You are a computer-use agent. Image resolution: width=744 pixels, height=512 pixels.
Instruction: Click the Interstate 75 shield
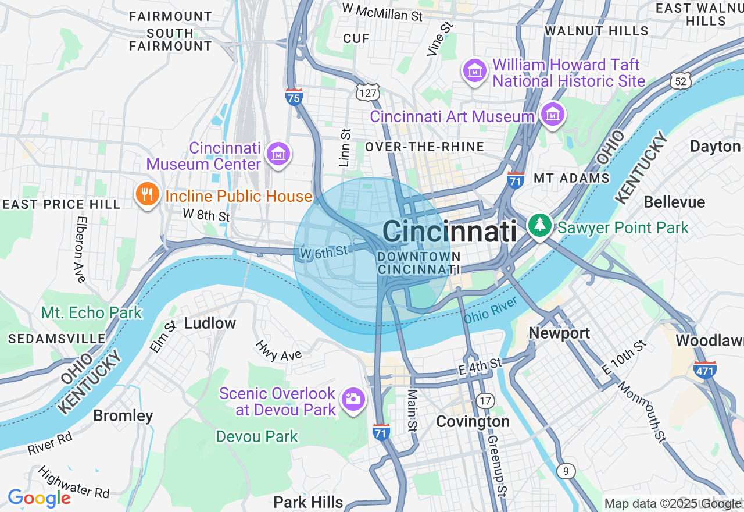(x=294, y=97)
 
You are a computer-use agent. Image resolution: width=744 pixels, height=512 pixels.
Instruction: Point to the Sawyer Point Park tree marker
(x=540, y=226)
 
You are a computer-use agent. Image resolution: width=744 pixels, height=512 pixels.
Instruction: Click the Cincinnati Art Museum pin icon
(x=552, y=115)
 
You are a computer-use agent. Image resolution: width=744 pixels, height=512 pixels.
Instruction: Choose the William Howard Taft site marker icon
(x=475, y=71)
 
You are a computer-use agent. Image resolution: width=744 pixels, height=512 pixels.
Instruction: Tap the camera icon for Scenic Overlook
(x=352, y=400)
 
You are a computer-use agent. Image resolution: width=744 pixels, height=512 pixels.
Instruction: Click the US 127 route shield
(x=368, y=92)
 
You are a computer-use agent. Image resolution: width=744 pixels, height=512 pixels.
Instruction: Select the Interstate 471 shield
(x=704, y=369)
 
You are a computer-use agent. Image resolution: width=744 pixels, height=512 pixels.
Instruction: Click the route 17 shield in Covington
(x=485, y=400)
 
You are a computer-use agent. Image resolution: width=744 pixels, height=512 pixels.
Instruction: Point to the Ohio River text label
(x=491, y=310)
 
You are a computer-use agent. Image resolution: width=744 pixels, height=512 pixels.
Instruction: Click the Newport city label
(x=559, y=333)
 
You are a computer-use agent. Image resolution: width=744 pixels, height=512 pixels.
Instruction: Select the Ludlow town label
(x=210, y=323)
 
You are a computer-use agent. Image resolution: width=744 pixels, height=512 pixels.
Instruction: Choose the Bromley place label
(x=123, y=415)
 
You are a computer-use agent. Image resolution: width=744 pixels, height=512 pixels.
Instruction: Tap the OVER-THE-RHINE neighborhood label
(x=424, y=147)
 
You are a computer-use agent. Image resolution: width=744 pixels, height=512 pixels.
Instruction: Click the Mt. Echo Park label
(x=91, y=312)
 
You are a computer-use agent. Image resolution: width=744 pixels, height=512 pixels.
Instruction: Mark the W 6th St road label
(x=324, y=251)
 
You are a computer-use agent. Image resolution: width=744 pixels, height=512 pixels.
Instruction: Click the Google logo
(x=39, y=499)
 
